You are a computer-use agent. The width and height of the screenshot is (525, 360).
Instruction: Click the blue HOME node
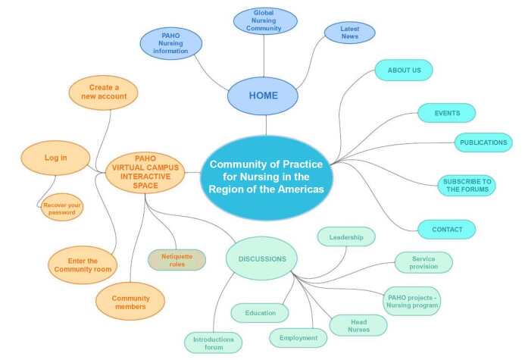pyautogui.click(x=263, y=95)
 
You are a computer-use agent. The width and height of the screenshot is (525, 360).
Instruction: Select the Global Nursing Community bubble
pyautogui.click(x=264, y=21)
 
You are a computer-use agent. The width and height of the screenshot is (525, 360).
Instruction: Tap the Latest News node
pyautogui.click(x=349, y=32)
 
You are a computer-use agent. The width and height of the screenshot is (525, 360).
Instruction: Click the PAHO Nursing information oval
pyautogui.click(x=171, y=43)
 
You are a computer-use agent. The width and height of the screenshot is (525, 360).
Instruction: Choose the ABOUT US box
pyautogui.click(x=404, y=70)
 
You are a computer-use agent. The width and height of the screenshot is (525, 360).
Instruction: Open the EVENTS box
pyautogui.click(x=447, y=113)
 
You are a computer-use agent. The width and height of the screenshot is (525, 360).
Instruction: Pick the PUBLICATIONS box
pyautogui.click(x=483, y=142)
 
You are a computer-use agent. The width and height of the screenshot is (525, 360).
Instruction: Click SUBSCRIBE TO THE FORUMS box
pyautogui.click(x=467, y=186)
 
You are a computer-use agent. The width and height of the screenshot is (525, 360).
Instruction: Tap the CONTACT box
pyautogui.click(x=447, y=229)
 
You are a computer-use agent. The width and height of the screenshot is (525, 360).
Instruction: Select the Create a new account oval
pyautogui.click(x=103, y=92)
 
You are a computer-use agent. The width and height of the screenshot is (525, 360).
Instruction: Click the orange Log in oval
pyautogui.click(x=55, y=158)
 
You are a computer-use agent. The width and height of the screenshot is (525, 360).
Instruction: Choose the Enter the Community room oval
pyautogui.click(x=82, y=265)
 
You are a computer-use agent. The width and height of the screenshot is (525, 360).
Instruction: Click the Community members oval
pyautogui.click(x=130, y=302)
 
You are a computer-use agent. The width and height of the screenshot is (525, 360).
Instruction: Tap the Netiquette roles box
pyautogui.click(x=177, y=260)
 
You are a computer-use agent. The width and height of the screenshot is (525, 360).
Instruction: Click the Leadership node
pyautogui.click(x=346, y=236)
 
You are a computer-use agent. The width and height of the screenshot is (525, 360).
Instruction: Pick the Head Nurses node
pyautogui.click(x=358, y=325)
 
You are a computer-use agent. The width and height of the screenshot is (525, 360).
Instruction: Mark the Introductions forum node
pyautogui.click(x=214, y=343)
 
